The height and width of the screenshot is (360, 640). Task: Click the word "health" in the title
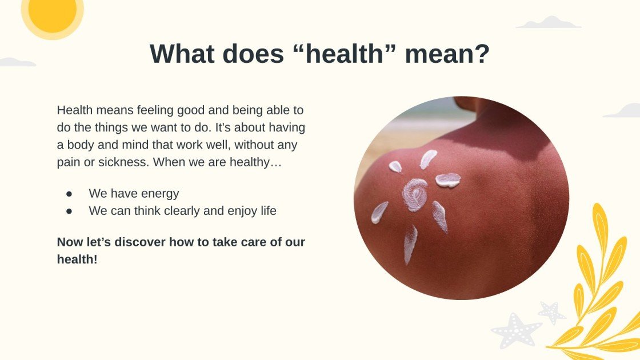click(345, 54)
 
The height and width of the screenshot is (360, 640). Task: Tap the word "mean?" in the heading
click(447, 54)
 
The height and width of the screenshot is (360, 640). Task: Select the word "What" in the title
click(182, 54)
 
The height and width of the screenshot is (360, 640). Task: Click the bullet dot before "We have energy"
click(69, 194)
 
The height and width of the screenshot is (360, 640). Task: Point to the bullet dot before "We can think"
click(69, 211)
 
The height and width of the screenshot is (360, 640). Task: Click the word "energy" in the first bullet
click(159, 194)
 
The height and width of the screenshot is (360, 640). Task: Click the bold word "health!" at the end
click(77, 259)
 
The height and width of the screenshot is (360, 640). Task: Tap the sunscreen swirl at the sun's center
click(415, 195)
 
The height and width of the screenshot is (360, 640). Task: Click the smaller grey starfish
click(551, 312)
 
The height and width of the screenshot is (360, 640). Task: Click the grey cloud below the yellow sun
click(18, 62)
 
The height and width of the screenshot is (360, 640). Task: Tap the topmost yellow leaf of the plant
click(600, 224)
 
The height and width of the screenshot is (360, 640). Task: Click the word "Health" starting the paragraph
click(75, 110)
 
